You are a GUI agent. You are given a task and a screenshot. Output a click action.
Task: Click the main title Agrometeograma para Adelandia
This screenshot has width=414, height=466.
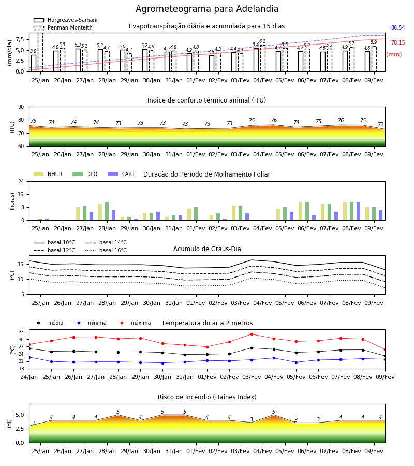207,9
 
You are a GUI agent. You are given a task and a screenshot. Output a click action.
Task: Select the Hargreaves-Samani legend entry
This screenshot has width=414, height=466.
65,20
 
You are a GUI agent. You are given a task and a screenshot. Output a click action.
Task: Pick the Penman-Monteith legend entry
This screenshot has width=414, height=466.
63,27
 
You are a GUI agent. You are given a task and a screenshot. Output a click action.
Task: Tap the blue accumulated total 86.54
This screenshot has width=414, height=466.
398,27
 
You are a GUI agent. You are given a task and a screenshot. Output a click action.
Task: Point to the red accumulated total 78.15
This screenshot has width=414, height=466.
398,42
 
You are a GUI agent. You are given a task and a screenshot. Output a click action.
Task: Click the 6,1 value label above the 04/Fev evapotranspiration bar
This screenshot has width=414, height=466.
262,41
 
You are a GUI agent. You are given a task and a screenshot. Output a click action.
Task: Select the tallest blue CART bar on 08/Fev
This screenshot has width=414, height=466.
359,211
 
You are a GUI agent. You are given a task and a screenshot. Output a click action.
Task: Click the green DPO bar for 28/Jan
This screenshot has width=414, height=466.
107,211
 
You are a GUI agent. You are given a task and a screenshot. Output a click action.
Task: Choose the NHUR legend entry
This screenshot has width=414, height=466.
48,174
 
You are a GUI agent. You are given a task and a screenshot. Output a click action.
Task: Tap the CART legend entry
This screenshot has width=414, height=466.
122,174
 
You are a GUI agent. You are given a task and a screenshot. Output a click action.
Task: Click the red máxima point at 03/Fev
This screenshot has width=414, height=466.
252,334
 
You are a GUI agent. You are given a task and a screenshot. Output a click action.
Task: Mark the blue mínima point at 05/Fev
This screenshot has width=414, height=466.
296,362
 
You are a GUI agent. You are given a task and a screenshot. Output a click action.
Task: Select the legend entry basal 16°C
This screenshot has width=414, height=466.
106,250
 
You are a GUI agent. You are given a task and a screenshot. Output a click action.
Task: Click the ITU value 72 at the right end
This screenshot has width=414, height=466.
381,124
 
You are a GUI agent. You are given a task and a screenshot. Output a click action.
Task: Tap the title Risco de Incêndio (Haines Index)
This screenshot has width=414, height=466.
207,397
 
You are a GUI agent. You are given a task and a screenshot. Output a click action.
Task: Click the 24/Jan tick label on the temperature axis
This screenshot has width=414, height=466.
29,377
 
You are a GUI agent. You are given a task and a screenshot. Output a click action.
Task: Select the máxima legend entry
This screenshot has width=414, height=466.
134,323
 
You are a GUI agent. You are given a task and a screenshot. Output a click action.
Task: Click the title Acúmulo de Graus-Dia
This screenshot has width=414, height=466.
207,249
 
